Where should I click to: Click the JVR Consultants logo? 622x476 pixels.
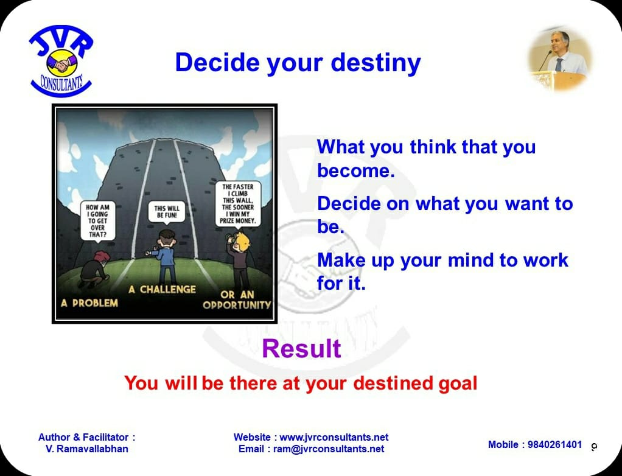coord(61,61)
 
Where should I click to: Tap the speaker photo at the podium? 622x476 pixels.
coord(560,60)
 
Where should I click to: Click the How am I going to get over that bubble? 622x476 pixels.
coord(97,222)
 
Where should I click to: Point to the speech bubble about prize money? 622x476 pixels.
coord(238,205)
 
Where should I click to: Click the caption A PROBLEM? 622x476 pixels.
coord(89,303)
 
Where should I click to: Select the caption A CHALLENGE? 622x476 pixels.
coord(162,290)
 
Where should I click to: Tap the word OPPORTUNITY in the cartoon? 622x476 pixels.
coord(237,305)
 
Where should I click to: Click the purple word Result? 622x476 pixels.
coord(301,349)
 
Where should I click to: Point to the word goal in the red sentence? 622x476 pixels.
coord(458,383)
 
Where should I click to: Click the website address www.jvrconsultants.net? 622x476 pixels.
coord(334,437)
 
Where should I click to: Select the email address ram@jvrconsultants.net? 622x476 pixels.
coord(329,449)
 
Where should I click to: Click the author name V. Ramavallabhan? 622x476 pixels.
coord(87,449)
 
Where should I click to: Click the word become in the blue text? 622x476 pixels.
coord(356,171)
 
